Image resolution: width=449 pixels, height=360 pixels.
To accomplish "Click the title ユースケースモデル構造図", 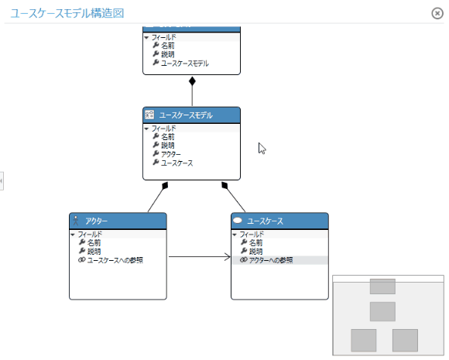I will [67, 13].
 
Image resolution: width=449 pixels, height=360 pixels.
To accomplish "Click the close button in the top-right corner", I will [437, 13].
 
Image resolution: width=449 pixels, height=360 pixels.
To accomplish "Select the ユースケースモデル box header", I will [191, 115].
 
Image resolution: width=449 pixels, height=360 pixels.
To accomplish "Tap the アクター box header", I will [118, 221].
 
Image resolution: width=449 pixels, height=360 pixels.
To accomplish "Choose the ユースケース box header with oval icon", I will [279, 221].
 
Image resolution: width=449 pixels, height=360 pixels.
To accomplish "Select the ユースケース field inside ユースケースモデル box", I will [177, 163].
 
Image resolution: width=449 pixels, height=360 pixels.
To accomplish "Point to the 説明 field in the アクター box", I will [94, 251].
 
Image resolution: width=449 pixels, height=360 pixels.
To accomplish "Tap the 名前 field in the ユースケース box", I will [255, 242].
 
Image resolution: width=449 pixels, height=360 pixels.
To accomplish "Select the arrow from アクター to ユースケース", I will [199, 256].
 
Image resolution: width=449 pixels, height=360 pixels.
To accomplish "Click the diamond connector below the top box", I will [192, 81].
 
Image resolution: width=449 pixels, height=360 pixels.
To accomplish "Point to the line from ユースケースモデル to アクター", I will [156, 199].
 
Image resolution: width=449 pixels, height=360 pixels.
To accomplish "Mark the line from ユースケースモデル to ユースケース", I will [235, 199].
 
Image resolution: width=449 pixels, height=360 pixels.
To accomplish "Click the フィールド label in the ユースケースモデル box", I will [163, 128].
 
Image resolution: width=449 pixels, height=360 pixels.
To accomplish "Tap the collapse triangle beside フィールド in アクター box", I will [73, 234].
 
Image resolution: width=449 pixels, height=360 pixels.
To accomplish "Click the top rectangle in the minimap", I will [382, 286].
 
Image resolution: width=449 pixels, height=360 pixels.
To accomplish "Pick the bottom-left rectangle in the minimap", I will [363, 339].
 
